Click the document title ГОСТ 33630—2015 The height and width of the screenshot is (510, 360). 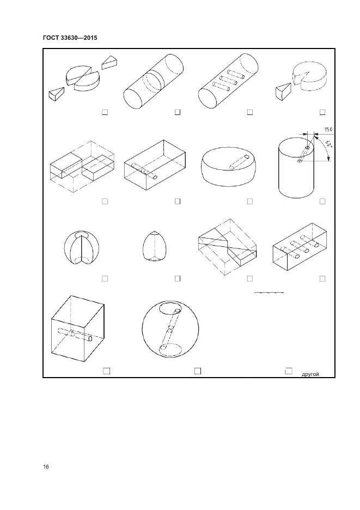click(x=70, y=38)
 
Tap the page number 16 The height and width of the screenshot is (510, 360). click(x=46, y=467)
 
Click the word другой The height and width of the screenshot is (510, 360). click(x=310, y=374)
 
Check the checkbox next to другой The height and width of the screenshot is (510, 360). click(x=289, y=371)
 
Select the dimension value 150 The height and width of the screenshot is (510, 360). click(x=328, y=130)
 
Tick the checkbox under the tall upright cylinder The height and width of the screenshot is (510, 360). click(x=322, y=202)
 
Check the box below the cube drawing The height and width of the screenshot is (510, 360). click(x=106, y=371)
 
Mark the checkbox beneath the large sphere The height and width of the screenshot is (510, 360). click(x=198, y=371)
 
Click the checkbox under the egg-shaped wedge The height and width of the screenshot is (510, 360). click(x=178, y=278)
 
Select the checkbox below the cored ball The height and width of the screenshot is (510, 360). click(x=105, y=278)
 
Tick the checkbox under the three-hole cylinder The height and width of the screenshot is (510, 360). click(x=250, y=112)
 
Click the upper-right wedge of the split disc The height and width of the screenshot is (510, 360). click(x=109, y=62)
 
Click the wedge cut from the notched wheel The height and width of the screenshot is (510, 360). click(x=283, y=91)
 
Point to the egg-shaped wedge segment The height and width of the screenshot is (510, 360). click(x=152, y=246)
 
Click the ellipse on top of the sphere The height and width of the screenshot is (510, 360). click(x=170, y=308)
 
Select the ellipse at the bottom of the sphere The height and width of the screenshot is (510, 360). click(x=170, y=349)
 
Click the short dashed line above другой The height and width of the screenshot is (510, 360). click(x=269, y=293)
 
